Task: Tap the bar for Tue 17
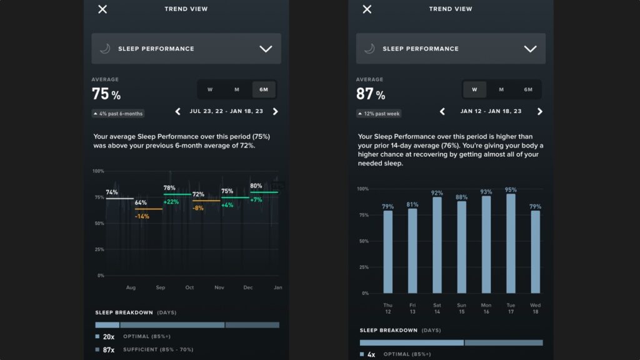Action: (511, 244)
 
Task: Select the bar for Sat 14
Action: (437, 245)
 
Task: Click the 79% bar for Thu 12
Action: (388, 252)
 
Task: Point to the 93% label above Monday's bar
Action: (486, 191)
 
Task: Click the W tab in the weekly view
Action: (474, 89)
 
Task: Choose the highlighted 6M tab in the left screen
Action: (264, 89)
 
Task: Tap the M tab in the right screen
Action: (501, 89)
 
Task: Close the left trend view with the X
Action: (102, 9)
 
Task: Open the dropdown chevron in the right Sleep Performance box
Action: (530, 49)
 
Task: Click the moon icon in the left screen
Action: (105, 49)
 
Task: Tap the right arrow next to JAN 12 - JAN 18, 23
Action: (540, 112)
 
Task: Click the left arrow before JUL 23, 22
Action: (178, 112)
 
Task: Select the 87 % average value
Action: (371, 95)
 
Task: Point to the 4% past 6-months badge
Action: (118, 114)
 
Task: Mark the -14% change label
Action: (142, 216)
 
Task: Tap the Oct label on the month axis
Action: (189, 287)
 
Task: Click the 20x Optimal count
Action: (107, 336)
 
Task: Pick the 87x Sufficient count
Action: (107, 350)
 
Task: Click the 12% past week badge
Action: (379, 114)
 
